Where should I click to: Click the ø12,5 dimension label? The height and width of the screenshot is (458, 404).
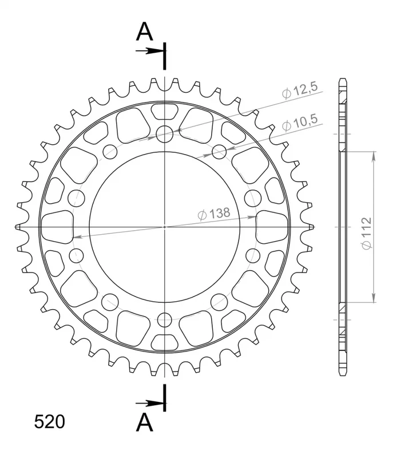coord(300,90)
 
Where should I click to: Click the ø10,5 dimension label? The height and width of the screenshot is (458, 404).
coord(300,123)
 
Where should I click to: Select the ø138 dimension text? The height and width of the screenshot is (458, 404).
coord(214,214)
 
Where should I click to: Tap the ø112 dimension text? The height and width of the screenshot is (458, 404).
coord(366,234)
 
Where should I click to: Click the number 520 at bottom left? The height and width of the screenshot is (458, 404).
coord(49,422)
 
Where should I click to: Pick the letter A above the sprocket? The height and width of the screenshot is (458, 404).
coord(145,31)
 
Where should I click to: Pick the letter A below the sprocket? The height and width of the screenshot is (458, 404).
coord(145,422)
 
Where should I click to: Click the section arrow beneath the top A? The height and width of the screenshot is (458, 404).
coord(150,51)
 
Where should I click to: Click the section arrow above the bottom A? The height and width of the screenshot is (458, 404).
coord(150,404)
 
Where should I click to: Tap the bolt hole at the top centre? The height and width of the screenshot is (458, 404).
coord(165,134)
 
